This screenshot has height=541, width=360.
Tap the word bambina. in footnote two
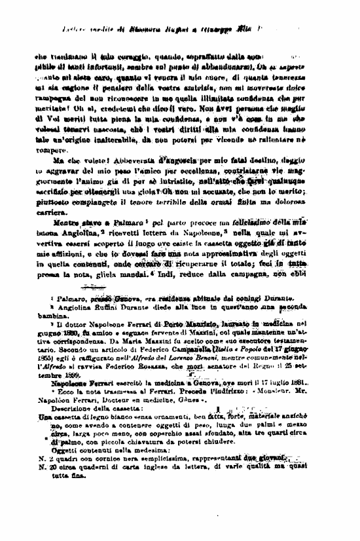coord(51,315)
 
